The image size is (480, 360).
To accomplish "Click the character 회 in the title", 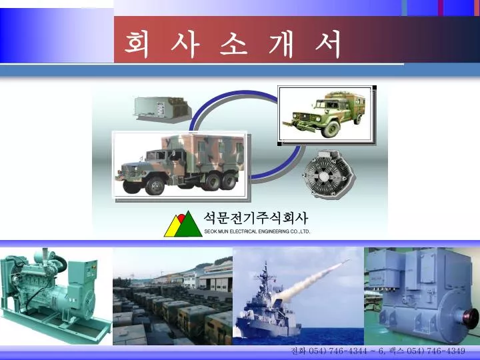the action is pyautogui.click(x=137, y=45).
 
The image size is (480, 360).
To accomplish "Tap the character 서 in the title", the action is pyautogui.click(x=328, y=45).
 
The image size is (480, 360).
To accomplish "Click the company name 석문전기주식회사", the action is pyautogui.click(x=255, y=218).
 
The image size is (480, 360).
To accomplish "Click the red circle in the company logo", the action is pyautogui.click(x=181, y=218).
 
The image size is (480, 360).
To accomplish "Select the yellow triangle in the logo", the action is pyautogui.click(x=173, y=227).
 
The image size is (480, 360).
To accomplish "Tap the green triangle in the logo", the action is pyautogui.click(x=188, y=225).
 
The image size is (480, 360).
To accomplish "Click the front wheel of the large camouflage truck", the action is pyautogui.click(x=155, y=186).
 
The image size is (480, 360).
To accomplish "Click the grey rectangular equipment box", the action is pyautogui.click(x=162, y=109).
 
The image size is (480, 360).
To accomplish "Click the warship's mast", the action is pyautogui.click(x=266, y=275).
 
